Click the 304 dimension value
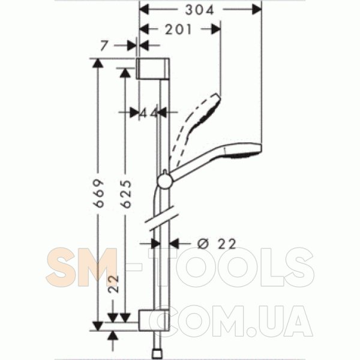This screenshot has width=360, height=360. click(199, 10)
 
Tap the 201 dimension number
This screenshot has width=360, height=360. click(178, 29)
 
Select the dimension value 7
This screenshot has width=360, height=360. click(104, 46)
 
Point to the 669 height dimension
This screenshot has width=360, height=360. click(99, 193)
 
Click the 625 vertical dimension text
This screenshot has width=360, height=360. click(126, 194)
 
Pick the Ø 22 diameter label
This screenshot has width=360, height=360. click(217, 244)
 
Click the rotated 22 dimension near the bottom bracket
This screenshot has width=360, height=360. click(113, 284)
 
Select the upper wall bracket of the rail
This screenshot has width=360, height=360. click(153, 68)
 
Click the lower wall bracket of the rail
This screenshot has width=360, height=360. click(154, 320)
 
